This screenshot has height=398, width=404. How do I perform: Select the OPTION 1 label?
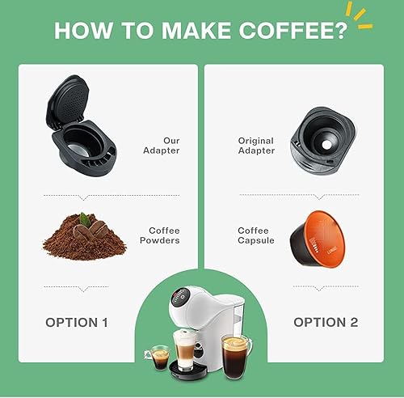[87, 322]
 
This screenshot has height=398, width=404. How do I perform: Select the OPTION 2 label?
[325, 322]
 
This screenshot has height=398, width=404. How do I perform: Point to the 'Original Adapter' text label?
[256, 146]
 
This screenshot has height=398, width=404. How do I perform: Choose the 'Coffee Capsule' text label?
[256, 235]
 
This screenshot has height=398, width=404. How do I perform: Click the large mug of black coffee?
[235, 356]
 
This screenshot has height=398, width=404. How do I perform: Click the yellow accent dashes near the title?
[359, 15]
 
